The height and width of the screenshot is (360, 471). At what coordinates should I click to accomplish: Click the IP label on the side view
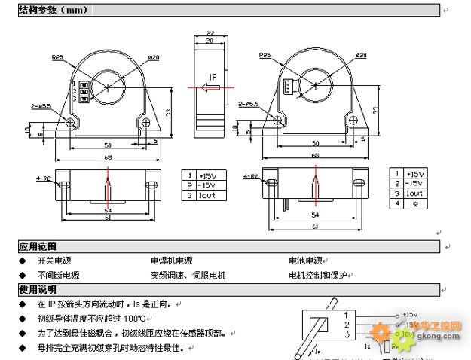pyautogui.click(x=213, y=78)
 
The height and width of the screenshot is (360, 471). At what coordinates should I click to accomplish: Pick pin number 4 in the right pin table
pyautogui.click(x=397, y=203)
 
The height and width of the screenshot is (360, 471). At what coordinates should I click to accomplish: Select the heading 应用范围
pyautogui.click(x=38, y=246)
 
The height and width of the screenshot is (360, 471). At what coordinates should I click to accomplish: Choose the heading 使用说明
pyautogui.click(x=38, y=290)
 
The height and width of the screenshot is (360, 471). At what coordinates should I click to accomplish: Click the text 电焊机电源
pyautogui.click(x=173, y=261)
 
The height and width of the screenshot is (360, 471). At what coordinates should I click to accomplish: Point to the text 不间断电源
pyautogui.click(x=58, y=276)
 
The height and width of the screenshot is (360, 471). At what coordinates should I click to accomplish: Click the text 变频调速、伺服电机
pyautogui.click(x=188, y=276)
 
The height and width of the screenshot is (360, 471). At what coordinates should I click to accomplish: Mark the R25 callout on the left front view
pyautogui.click(x=57, y=57)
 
